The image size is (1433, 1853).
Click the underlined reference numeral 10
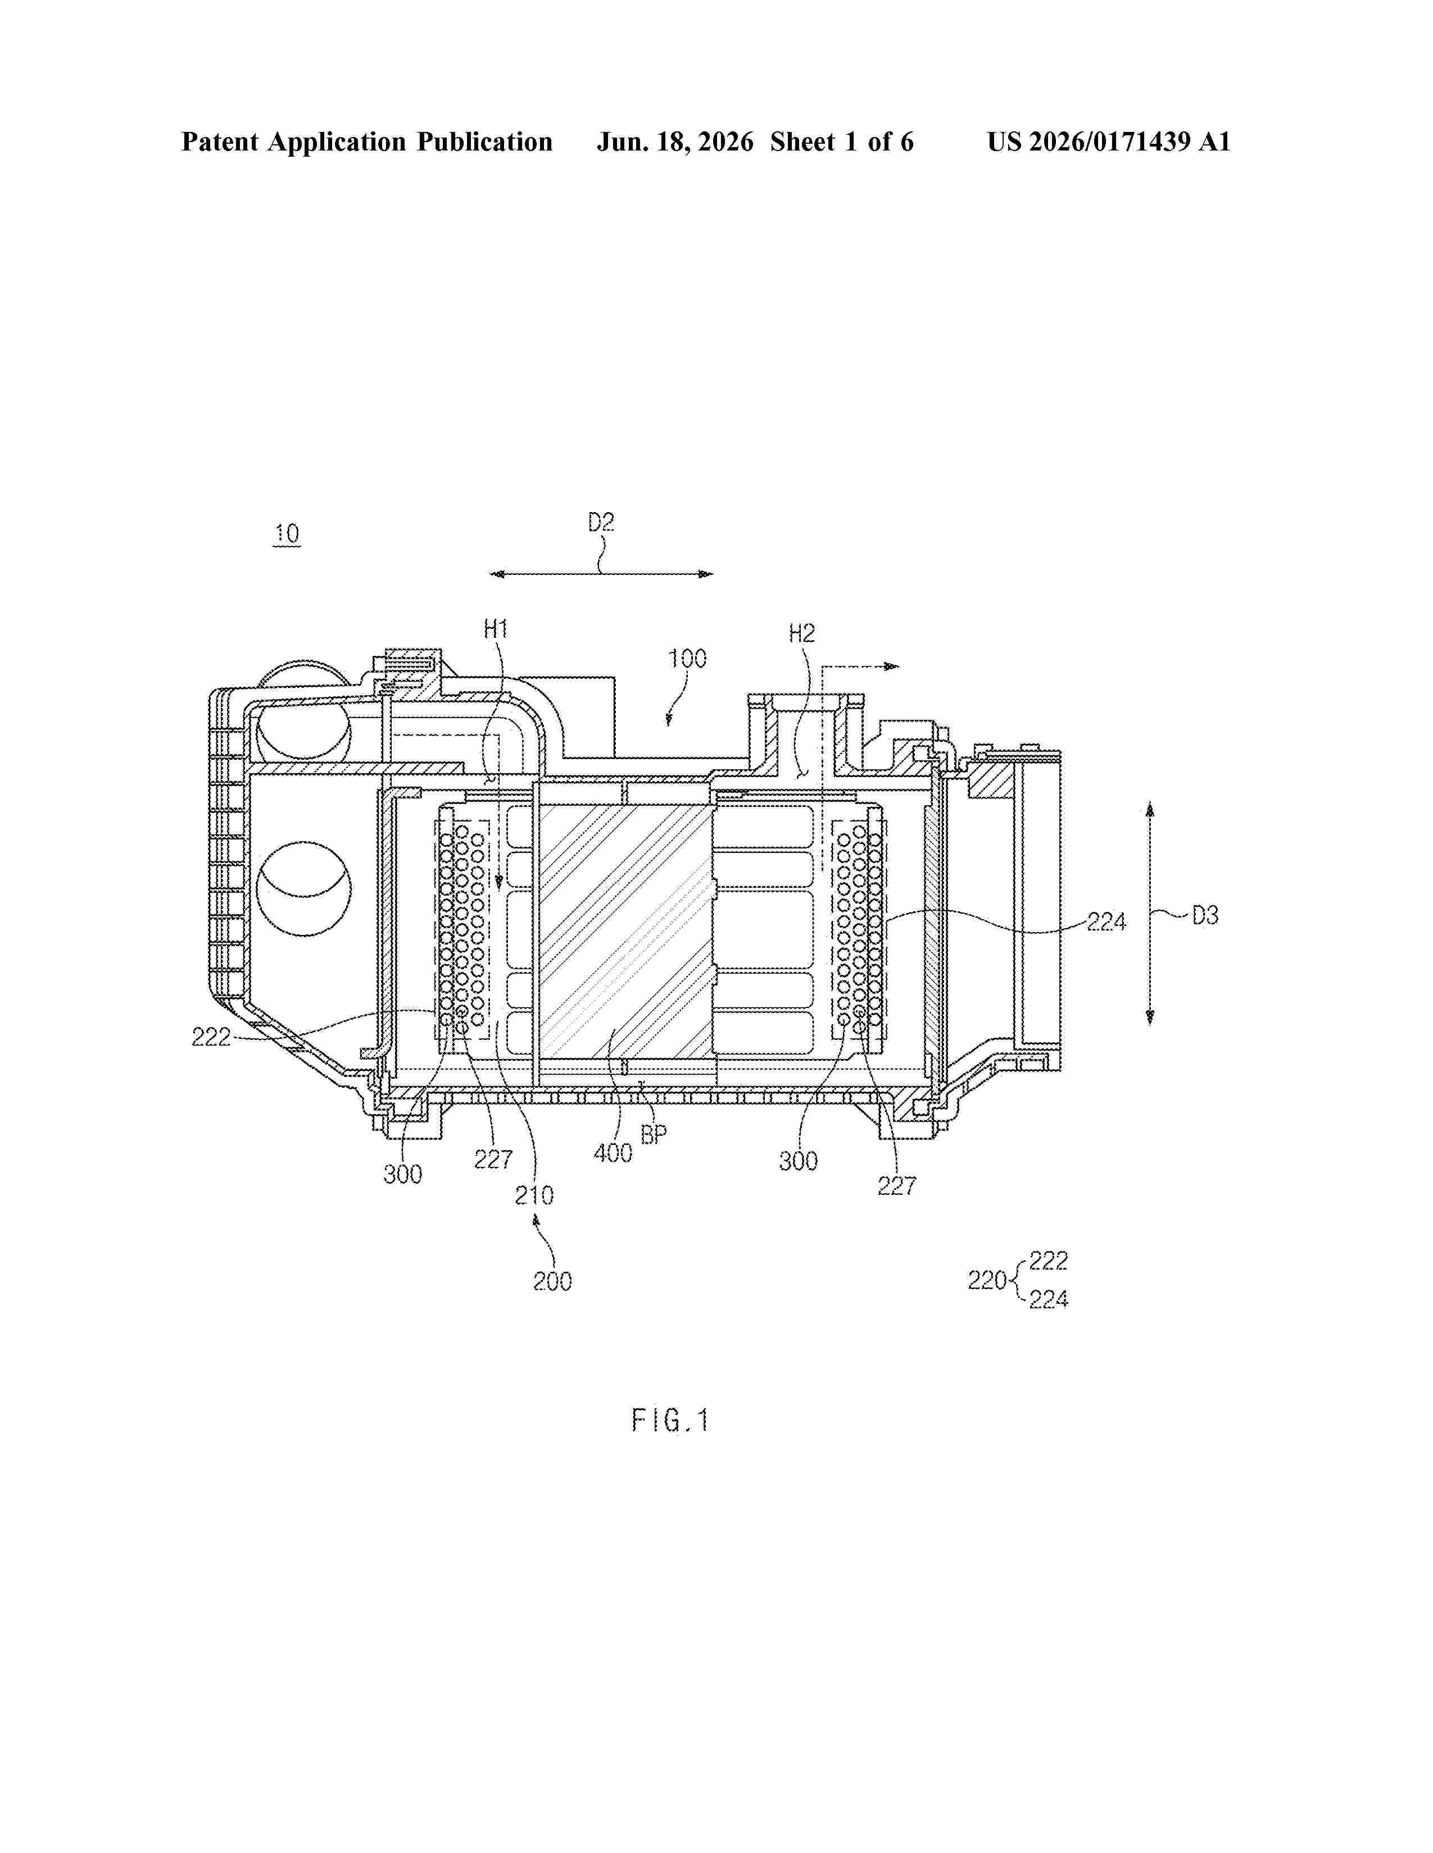coord(287,533)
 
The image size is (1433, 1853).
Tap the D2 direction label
coord(601,523)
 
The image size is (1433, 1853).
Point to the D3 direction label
coord(1205,915)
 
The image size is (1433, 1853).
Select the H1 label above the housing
coord(496,629)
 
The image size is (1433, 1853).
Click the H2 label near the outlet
coord(801,633)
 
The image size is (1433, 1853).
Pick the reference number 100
coord(687,659)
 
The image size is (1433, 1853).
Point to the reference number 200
coord(552,1281)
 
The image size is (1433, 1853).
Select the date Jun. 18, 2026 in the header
coord(675,142)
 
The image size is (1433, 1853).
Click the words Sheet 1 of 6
coord(842,142)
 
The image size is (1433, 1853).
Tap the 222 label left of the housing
coord(211,1037)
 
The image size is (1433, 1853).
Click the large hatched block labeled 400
coord(625,932)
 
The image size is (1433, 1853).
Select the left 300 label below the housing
coord(402,1174)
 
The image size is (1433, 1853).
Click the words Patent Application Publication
coord(367,142)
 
